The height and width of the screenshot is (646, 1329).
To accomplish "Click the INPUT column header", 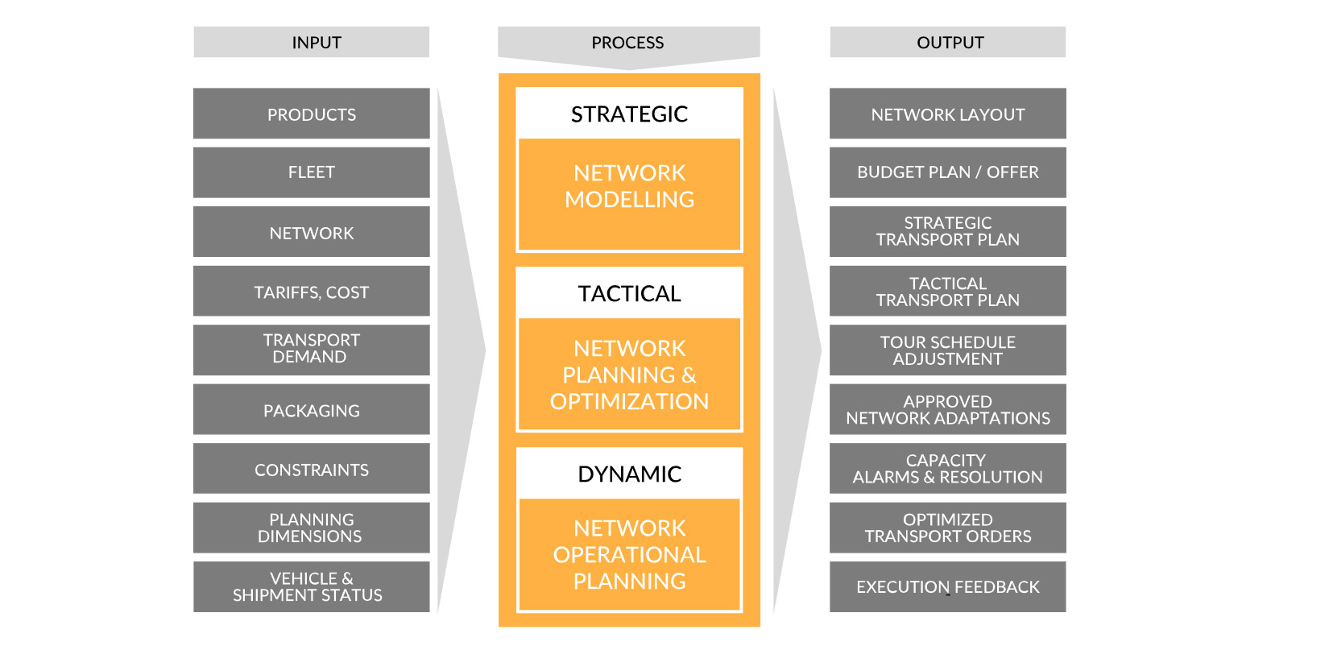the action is [312, 42].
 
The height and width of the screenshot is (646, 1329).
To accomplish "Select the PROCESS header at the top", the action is [629, 43].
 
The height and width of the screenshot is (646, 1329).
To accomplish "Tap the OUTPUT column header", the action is [947, 42].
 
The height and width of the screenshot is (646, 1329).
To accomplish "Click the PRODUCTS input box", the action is [312, 114].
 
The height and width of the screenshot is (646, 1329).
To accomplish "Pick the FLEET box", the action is [312, 172].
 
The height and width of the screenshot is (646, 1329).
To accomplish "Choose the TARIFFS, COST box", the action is [312, 291].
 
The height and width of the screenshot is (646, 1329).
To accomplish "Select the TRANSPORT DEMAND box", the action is [312, 350].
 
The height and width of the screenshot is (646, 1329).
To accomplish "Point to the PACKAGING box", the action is [312, 409].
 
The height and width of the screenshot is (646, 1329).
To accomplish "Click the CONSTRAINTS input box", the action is [312, 469].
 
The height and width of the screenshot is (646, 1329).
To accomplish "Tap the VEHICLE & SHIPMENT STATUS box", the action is [312, 586].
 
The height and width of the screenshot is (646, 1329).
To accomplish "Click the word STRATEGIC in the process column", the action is [630, 114].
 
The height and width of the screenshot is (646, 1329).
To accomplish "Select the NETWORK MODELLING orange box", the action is [630, 194].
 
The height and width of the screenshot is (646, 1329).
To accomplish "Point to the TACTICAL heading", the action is [630, 294].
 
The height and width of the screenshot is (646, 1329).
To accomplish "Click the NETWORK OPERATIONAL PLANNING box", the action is [630, 554].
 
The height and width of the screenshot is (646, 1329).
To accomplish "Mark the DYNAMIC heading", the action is [630, 474].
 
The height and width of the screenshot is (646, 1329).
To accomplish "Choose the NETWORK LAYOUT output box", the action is [947, 114].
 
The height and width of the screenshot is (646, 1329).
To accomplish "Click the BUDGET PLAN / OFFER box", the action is [947, 172].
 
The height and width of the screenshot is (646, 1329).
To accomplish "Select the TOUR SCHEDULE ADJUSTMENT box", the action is [947, 350].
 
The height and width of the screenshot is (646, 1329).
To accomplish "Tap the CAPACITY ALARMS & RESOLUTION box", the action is [947, 469].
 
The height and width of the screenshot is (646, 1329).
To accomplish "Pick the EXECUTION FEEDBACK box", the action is [947, 586].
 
